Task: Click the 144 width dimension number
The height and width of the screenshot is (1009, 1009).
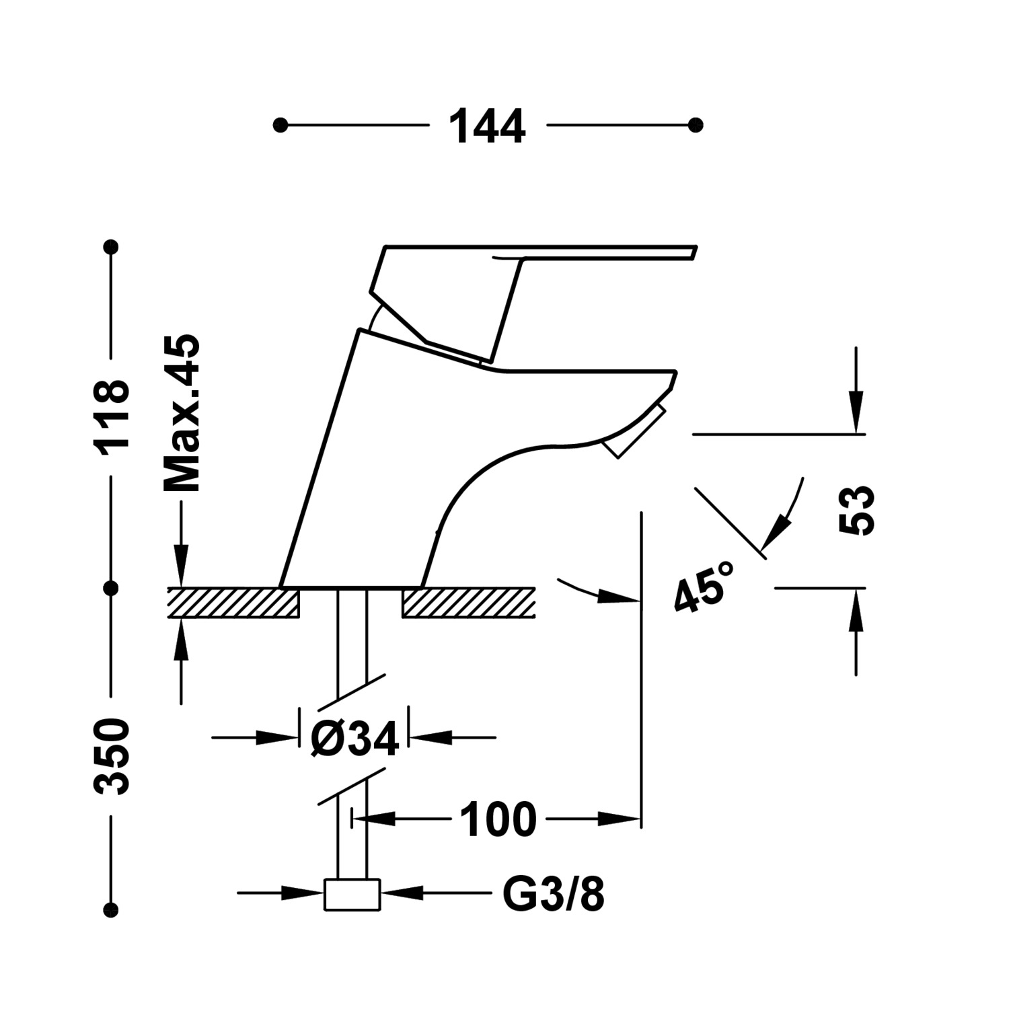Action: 488,126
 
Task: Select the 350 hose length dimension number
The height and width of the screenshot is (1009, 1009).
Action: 112,756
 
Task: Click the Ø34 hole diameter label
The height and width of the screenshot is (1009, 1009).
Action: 354,738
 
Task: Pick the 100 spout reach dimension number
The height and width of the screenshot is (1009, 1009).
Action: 498,819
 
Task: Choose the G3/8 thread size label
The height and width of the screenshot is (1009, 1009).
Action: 554,894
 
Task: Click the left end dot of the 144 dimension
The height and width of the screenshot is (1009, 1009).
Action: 281,125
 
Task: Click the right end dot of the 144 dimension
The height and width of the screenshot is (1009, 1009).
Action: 696,125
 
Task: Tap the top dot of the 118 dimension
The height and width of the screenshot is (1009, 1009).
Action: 112,247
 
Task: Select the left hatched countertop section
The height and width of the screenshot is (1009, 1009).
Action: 233,603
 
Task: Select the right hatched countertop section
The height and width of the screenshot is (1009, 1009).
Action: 468,603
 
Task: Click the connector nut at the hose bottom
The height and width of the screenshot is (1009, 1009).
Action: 352,895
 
